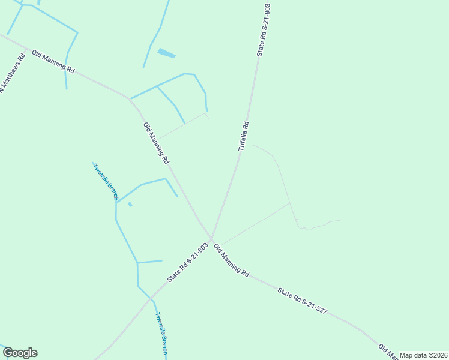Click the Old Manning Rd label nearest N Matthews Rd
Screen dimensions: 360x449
[x=53, y=62]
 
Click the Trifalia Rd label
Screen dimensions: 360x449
[x=243, y=136]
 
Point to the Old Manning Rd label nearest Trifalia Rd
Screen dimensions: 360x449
[x=156, y=144]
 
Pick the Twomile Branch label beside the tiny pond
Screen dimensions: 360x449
[x=105, y=180]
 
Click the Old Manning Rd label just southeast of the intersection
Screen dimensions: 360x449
[x=231, y=260]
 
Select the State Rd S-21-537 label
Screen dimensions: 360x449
[x=303, y=301]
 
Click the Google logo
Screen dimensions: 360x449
[x=20, y=353]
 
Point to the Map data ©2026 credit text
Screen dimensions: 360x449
[x=424, y=355]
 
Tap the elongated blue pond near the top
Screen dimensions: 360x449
[x=166, y=53]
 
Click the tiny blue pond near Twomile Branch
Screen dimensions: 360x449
[x=130, y=205]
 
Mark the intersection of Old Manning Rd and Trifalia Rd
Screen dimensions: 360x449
[x=211, y=238]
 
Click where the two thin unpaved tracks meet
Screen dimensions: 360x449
[x=290, y=203]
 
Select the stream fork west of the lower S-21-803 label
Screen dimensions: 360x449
[x=137, y=263]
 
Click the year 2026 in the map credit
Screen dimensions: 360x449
[x=439, y=355]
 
